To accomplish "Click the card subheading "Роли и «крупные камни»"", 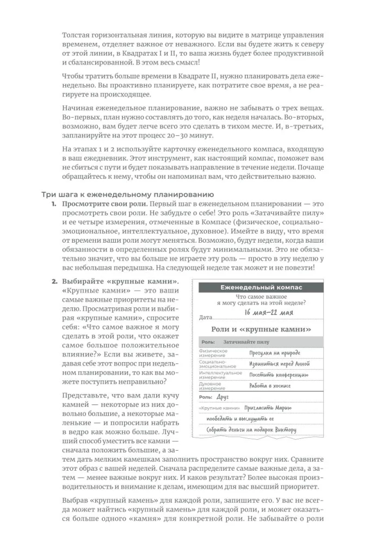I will tap(261, 330).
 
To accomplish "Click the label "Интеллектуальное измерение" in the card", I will tap(220, 375).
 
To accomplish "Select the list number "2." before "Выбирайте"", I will tap(54, 282).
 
